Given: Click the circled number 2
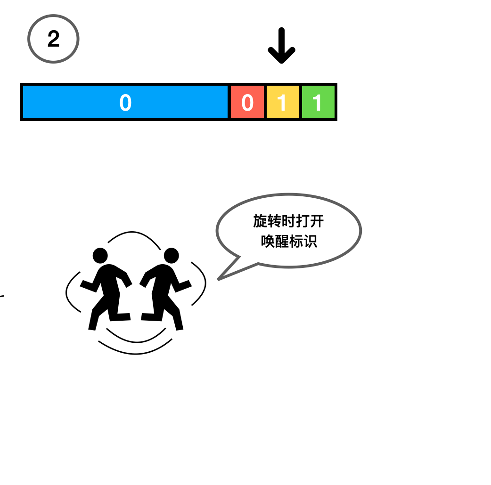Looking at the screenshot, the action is click(x=53, y=39).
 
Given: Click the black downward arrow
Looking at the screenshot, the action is click(x=281, y=46).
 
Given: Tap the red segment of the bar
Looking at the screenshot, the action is click(x=247, y=102).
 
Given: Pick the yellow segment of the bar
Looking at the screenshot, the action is click(x=283, y=102).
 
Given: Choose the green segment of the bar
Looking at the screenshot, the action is click(x=318, y=102).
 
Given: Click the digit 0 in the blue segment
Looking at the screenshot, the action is click(x=125, y=103).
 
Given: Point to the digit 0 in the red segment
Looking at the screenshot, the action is click(x=247, y=103).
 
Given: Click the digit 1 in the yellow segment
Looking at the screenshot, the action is click(x=282, y=103).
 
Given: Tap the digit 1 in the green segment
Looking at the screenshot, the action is click(x=318, y=103).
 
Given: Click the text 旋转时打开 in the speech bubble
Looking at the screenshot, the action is click(x=288, y=221).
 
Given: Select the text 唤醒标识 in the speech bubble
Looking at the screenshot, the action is click(x=288, y=241).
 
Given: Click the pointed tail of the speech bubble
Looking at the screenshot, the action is click(x=221, y=278).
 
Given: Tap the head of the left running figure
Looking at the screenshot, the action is click(x=100, y=256).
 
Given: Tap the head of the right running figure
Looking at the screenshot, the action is click(x=171, y=256).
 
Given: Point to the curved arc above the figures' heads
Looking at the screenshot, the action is click(x=134, y=234).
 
